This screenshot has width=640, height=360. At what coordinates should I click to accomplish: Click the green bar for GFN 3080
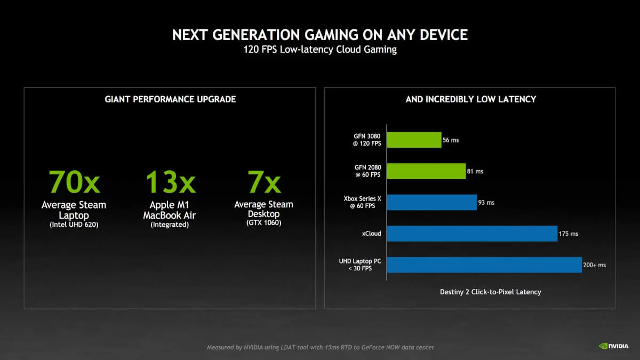pyautogui.click(x=414, y=140)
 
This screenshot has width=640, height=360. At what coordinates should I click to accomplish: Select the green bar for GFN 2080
pyautogui.click(x=426, y=171)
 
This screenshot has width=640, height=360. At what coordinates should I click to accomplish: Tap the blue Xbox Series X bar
pyautogui.click(x=431, y=202)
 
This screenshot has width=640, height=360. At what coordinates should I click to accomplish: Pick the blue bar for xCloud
pyautogui.click(x=472, y=234)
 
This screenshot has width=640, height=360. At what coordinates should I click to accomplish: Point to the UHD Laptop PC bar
pyautogui.click(x=484, y=265)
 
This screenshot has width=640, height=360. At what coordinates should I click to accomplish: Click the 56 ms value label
pyautogui.click(x=451, y=140)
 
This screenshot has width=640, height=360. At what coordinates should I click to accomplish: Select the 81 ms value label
pyautogui.click(x=475, y=171)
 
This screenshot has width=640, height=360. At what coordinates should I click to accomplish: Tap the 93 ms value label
pyautogui.click(x=486, y=203)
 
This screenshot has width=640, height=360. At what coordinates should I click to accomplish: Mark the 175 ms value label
pyautogui.click(x=569, y=234)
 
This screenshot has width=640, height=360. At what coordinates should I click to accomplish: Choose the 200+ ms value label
pyautogui.click(x=594, y=265)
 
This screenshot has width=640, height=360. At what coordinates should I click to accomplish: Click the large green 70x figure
pyautogui.click(x=74, y=182)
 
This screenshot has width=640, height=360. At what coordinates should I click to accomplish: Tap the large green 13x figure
pyautogui.click(x=170, y=182)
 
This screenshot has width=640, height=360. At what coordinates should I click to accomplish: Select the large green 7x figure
pyautogui.click(x=263, y=182)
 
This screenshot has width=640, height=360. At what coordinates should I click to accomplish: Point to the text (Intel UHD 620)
pyautogui.click(x=74, y=225)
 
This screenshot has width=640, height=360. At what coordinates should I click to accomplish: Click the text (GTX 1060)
pyautogui.click(x=263, y=222)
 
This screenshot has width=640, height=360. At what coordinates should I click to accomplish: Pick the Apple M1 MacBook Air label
pyautogui.click(x=170, y=210)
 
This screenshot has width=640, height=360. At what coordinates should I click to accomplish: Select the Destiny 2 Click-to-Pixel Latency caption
pyautogui.click(x=490, y=292)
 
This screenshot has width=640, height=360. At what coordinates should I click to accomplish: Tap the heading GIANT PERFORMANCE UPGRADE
pyautogui.click(x=170, y=99)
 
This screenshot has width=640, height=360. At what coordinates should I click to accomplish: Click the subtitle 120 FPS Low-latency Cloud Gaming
pyautogui.click(x=320, y=50)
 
